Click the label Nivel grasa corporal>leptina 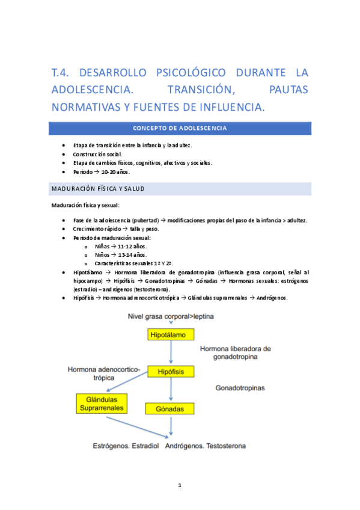(171, 316)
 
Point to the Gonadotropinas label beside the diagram (240, 389)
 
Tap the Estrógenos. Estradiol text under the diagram (126, 446)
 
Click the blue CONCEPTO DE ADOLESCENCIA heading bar (180, 128)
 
